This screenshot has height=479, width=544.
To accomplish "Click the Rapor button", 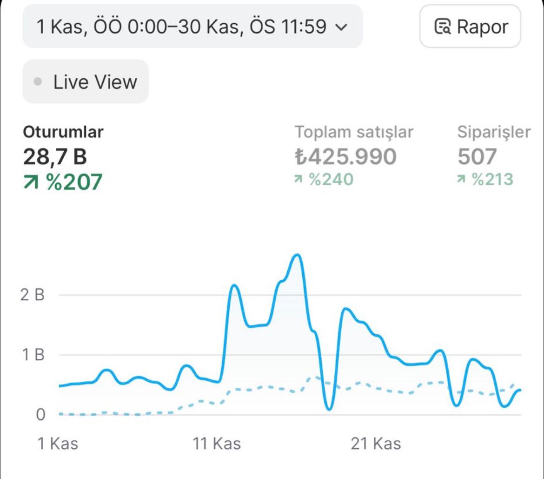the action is tap(470, 27).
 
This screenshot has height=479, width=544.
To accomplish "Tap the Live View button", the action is tap(86, 81).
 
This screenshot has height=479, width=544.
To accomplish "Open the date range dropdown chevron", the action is tap(342, 27).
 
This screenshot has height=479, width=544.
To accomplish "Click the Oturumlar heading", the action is tap(63, 132).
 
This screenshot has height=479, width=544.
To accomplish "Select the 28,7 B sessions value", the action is tap(55, 156).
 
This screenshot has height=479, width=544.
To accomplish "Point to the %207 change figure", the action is tap(63, 182).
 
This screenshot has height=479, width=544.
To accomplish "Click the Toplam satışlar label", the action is tap(354, 132).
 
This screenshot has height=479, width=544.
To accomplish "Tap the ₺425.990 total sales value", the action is tap(345, 156).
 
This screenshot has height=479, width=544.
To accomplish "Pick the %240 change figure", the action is tap(324, 179).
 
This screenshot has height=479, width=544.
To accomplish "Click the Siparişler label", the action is tap(494, 132).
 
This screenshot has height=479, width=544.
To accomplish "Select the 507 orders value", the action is tap(477, 156).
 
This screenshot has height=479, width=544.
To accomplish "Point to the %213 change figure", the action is tap(485, 179).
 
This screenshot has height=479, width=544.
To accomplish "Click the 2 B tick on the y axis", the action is tap(33, 295).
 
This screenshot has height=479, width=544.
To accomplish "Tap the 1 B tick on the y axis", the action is tap(33, 355).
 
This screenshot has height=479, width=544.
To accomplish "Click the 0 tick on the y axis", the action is tap(40, 414).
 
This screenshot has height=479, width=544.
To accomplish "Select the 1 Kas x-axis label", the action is tap(58, 444).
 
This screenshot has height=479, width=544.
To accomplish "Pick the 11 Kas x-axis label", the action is tap(217, 444).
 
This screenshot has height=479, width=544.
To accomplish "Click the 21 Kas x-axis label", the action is tap(376, 444).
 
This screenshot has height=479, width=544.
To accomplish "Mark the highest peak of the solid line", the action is tap(298, 255).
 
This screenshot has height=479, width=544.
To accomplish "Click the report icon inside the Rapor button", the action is tap(443, 27).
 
